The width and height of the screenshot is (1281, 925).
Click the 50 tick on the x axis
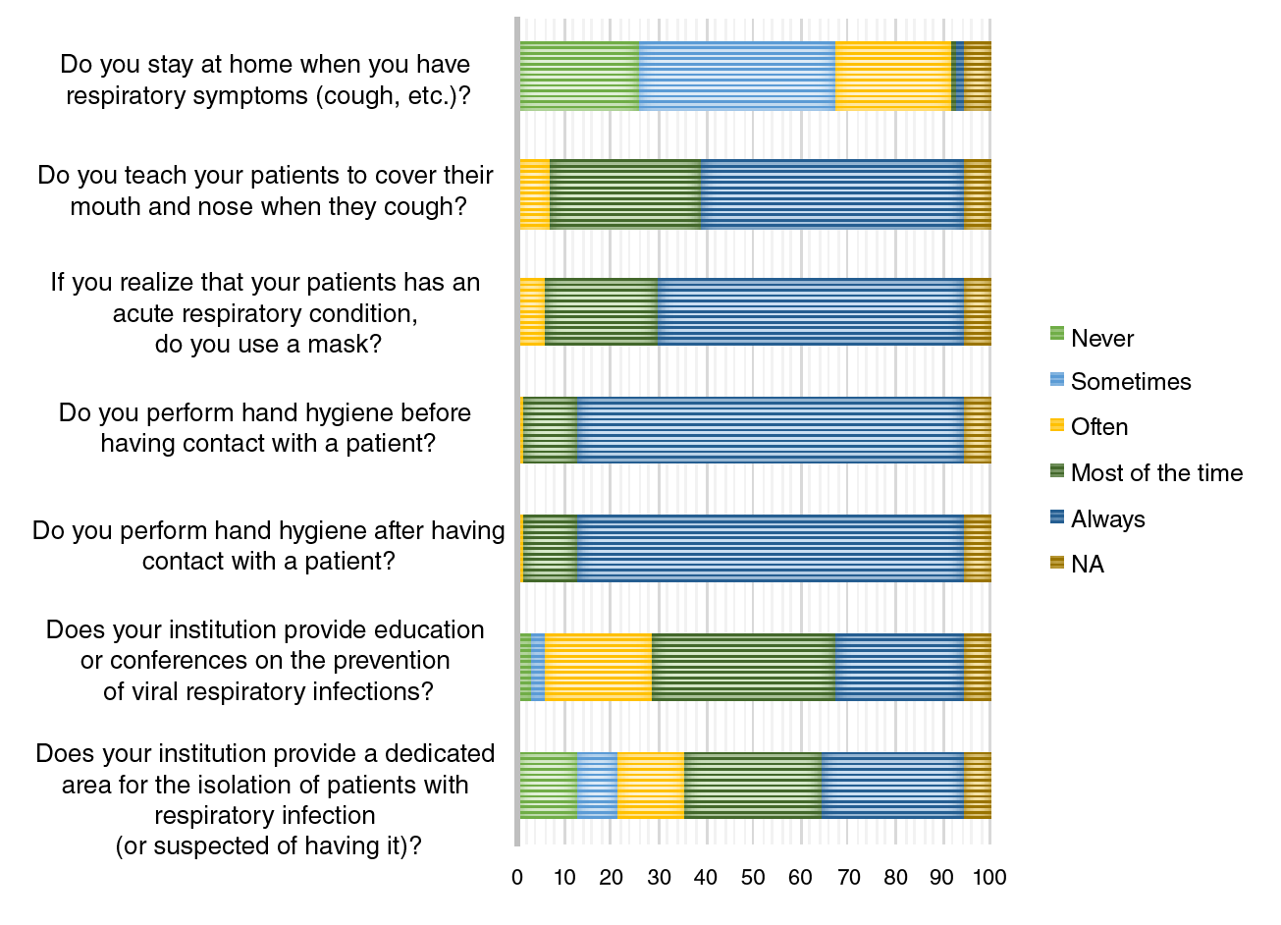click(x=753, y=877)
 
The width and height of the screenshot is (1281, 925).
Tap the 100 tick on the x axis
click(x=989, y=877)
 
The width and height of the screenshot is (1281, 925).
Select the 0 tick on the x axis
click(x=517, y=877)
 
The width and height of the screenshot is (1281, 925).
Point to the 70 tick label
click(x=848, y=877)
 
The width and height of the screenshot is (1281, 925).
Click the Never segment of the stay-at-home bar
click(x=579, y=77)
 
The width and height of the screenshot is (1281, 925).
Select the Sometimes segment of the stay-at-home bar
click(x=737, y=77)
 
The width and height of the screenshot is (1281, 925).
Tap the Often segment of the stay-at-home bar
click(x=893, y=77)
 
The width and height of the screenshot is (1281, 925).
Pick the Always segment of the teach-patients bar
click(x=832, y=194)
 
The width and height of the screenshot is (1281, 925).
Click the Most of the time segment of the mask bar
click(x=601, y=312)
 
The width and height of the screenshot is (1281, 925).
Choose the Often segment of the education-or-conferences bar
click(x=598, y=667)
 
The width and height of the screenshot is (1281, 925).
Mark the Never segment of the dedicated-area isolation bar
click(x=548, y=785)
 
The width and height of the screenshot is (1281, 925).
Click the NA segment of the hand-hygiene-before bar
click(x=977, y=430)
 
